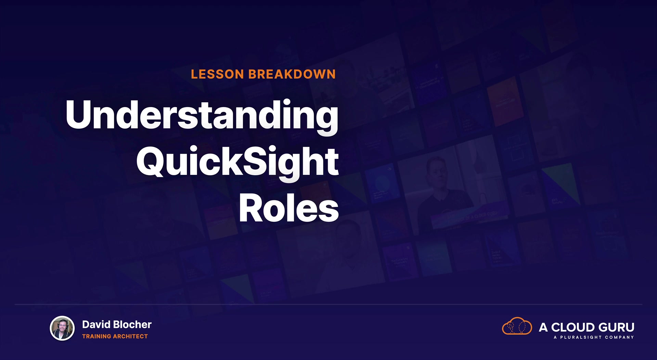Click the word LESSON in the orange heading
pyautogui.click(x=217, y=74)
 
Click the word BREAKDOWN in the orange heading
pyautogui.click(x=292, y=74)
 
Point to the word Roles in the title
pyautogui.click(x=289, y=208)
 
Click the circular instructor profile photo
pyautogui.click(x=62, y=329)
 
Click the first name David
pyautogui.click(x=96, y=324)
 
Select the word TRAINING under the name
pyautogui.click(x=97, y=336)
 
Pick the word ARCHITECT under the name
pyautogui.click(x=130, y=336)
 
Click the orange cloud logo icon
pyautogui.click(x=517, y=326)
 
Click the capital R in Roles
pyautogui.click(x=252, y=207)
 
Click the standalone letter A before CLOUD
pyautogui.click(x=543, y=327)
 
